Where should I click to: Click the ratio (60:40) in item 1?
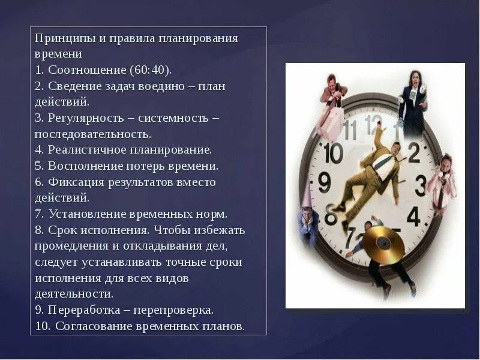coord(148,70)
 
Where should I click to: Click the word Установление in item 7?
coord(89,214)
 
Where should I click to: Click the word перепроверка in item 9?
coord(176,310)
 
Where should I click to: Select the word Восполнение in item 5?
coord(85,166)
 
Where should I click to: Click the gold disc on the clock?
coord(383,242)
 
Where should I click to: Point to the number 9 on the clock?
coord(324,181)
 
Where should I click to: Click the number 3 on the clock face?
coord(421,184)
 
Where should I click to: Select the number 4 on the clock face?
coord(413,215)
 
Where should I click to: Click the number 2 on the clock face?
coord(414,154)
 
